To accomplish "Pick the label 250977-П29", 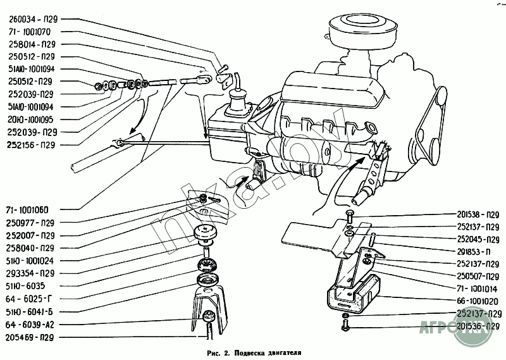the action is point(32,223).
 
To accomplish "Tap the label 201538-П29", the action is point(478,214).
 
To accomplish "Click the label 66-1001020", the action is point(476,301).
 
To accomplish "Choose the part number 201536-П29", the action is point(478,326).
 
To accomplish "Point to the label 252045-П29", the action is point(478,239).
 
